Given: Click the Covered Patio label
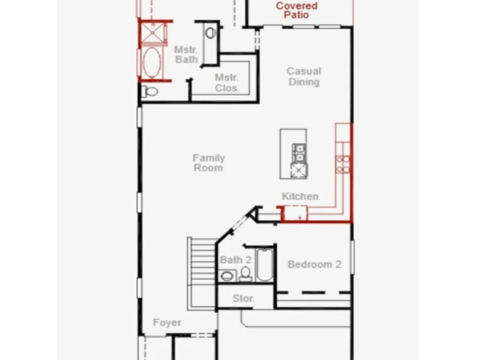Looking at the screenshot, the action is [x=297, y=10].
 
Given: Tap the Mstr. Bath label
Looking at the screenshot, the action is [x=186, y=55].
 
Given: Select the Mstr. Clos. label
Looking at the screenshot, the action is [x=227, y=83].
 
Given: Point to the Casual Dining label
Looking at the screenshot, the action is [x=304, y=76].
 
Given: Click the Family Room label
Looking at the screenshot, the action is [x=209, y=163].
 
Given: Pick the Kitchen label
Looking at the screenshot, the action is [x=300, y=196].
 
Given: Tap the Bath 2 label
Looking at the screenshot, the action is [x=236, y=260].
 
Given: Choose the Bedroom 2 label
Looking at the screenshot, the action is [x=314, y=264].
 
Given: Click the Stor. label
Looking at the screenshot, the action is [x=243, y=298].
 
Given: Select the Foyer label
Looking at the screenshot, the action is [x=167, y=323].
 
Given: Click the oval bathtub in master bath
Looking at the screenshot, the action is [x=152, y=63].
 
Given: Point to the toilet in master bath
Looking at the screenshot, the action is [x=149, y=91].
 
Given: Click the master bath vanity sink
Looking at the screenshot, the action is [x=210, y=33].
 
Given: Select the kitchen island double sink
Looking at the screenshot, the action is [x=299, y=153].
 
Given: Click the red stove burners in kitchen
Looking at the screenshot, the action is [x=343, y=164].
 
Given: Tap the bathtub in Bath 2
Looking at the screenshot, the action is [x=265, y=265].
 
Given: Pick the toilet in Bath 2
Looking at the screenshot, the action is [x=245, y=274].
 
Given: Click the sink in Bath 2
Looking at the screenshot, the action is [x=227, y=276].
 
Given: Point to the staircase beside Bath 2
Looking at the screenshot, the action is [x=202, y=273].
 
